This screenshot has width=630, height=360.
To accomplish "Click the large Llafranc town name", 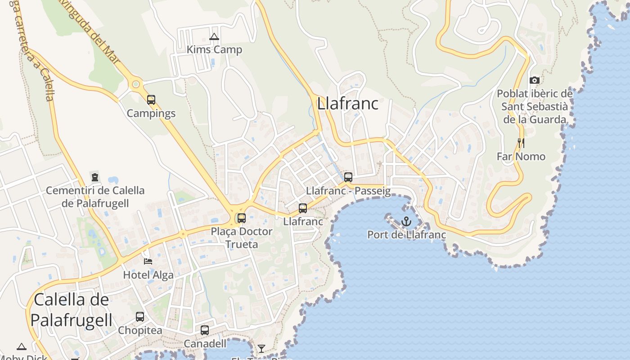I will [347, 103].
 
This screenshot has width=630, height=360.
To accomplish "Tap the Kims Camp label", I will [215, 49].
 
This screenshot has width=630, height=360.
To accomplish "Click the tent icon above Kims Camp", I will [214, 36].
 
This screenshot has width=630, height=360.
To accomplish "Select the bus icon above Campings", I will [151, 99].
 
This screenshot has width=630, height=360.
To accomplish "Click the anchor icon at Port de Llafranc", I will [406, 221].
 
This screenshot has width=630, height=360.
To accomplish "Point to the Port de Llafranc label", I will [406, 234].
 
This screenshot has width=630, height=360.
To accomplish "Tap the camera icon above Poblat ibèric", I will [535, 81].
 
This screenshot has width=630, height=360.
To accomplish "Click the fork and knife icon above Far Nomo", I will [521, 143].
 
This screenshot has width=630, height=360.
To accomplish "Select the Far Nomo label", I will [521, 157].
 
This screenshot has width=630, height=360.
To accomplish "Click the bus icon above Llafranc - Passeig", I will [348, 177].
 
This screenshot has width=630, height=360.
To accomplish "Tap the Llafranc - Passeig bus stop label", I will [348, 191].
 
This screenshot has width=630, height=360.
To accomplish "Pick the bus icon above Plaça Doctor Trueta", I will [242, 218].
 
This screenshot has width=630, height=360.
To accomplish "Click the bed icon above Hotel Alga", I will [148, 261].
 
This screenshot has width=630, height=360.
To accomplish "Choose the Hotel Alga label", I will [148, 275].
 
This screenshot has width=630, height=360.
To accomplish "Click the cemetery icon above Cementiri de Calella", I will [94, 177].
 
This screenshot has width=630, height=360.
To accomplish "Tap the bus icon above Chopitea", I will [140, 317].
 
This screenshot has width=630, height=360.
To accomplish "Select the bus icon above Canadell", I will [205, 330].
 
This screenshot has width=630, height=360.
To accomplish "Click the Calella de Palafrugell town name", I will [71, 310].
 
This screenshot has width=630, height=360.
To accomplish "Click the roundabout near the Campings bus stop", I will [135, 84].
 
